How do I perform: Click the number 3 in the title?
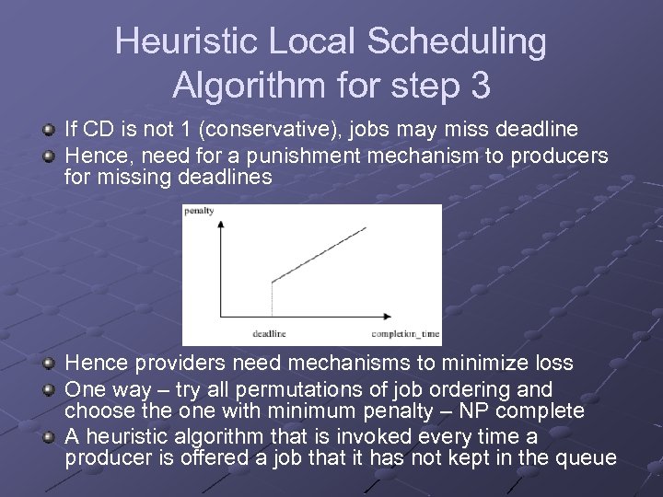tap(479, 86)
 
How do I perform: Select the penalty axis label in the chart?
tap(199, 211)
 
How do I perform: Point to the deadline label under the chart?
tap(269, 333)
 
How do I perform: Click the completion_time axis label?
tap(404, 333)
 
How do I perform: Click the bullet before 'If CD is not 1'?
tap(51, 130)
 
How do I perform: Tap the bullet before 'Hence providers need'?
tap(51, 364)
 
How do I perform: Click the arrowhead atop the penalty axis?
tap(218, 225)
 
